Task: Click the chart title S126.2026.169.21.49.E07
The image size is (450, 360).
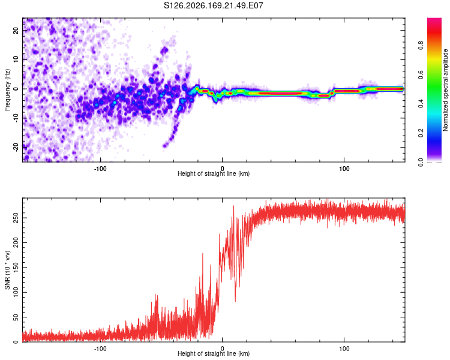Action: click(213, 5)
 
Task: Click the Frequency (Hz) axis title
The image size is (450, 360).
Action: click(7, 89)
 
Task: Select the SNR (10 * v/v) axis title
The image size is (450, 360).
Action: click(7, 270)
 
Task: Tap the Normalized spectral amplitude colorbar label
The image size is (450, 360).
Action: click(445, 90)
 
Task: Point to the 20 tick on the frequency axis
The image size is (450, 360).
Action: click(16, 30)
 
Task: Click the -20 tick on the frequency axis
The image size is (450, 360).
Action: click(16, 147)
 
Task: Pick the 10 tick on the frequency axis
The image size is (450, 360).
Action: click(16, 59)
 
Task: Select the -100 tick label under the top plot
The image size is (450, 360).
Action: click(100, 169)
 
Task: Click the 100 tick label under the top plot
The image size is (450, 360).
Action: click(344, 169)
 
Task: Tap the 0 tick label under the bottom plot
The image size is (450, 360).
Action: click(222, 349)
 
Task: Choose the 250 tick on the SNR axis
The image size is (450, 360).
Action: click(16, 218)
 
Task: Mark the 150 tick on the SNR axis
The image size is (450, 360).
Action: click(16, 268)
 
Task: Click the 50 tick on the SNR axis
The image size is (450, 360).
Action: click(16, 317)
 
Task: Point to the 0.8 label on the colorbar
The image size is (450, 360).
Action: click(421, 46)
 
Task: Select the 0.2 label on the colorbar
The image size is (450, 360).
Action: click(421, 133)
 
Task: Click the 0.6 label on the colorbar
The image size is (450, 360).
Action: click(421, 74)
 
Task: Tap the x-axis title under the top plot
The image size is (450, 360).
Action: click(214, 173)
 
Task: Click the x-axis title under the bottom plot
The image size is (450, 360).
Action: click(214, 353)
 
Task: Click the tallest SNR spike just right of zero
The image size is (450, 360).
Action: click(233, 206)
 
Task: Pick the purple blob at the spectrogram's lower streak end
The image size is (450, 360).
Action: click(164, 146)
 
